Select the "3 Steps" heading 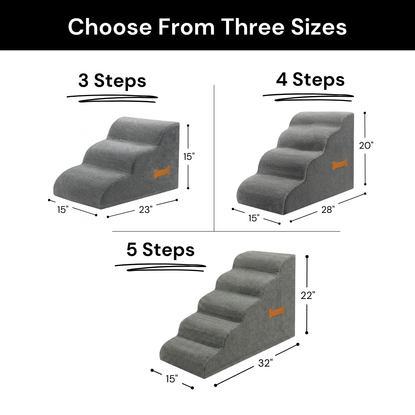click(112, 81)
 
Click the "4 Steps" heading click(310, 80)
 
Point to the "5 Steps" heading click(161, 250)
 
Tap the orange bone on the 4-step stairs click(340, 165)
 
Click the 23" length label click(146, 210)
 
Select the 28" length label click(328, 210)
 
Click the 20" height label click(366, 145)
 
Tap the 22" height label click(308, 295)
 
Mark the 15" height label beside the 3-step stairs click(189, 157)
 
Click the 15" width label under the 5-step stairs click(172, 379)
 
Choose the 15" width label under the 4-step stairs click(254, 218)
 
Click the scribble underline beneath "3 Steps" click(112, 98)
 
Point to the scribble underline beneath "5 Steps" click(161, 267)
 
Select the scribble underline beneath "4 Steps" click(308, 97)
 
